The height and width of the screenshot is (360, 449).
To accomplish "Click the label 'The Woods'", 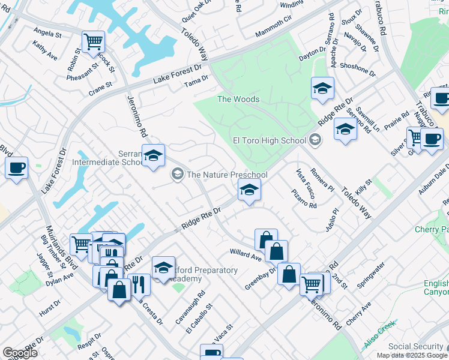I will [238, 99].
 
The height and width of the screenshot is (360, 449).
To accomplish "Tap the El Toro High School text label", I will [269, 141].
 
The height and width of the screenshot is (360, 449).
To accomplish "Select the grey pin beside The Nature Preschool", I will [177, 174].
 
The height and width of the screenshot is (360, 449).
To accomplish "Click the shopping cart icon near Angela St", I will [93, 42].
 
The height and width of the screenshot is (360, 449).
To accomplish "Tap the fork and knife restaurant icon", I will [139, 284].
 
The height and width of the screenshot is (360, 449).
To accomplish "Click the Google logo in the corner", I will [20, 353].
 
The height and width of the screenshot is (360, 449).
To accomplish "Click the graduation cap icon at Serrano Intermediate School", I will [153, 156].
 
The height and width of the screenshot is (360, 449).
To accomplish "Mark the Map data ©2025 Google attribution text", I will [412, 355].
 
